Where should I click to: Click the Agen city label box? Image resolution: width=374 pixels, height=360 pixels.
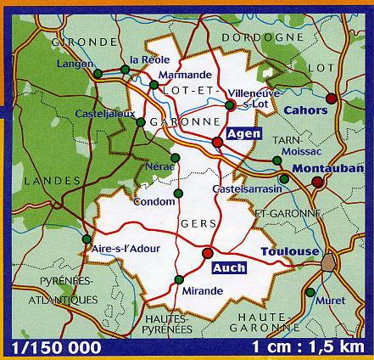click(x=244, y=133)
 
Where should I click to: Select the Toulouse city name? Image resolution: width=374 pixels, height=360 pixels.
click(x=289, y=252)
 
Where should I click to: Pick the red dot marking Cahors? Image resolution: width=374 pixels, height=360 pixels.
click(x=331, y=98)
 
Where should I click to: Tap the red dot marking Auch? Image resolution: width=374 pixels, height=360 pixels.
click(x=208, y=252)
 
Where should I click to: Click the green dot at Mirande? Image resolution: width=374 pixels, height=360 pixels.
click(x=178, y=280)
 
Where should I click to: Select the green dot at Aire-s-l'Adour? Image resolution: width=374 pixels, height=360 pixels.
click(x=87, y=239)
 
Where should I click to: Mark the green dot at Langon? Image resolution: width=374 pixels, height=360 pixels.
click(x=98, y=76)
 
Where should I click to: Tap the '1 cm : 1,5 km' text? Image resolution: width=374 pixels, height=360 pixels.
click(x=314, y=348)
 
